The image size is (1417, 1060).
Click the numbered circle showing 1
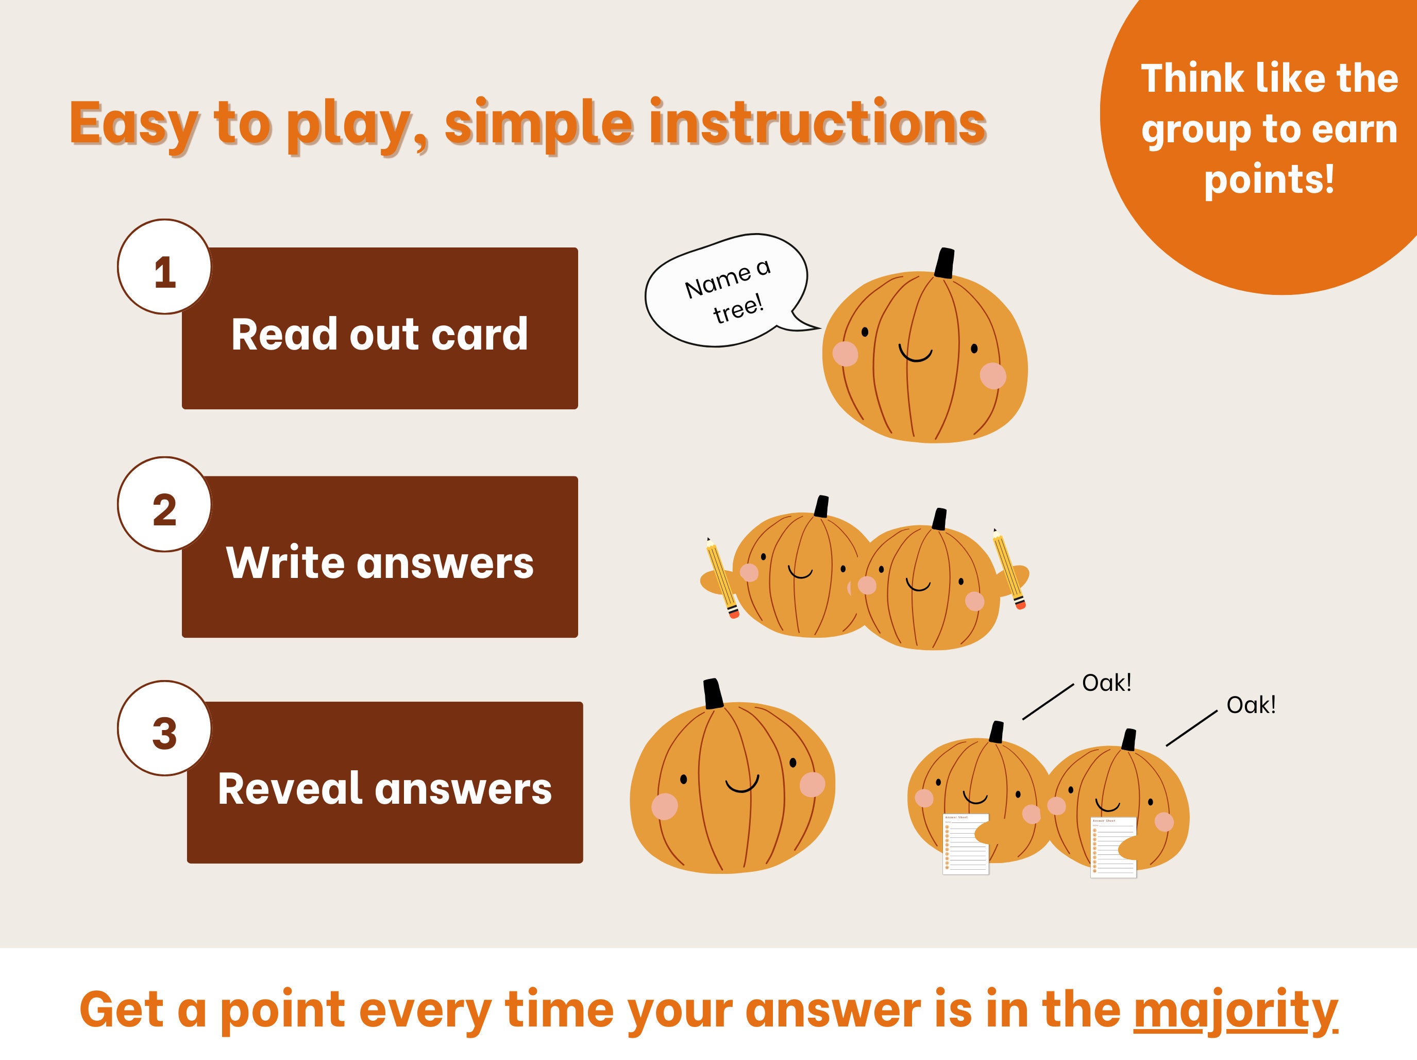point(165,267)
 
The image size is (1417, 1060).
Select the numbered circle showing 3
point(165,728)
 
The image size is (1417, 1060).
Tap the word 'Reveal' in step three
point(290,788)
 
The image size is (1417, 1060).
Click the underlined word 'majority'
point(1235,1010)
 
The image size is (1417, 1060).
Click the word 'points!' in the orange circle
point(1269,179)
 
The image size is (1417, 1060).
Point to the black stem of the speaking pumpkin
point(944,263)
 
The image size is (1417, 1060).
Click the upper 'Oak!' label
point(1106,683)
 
